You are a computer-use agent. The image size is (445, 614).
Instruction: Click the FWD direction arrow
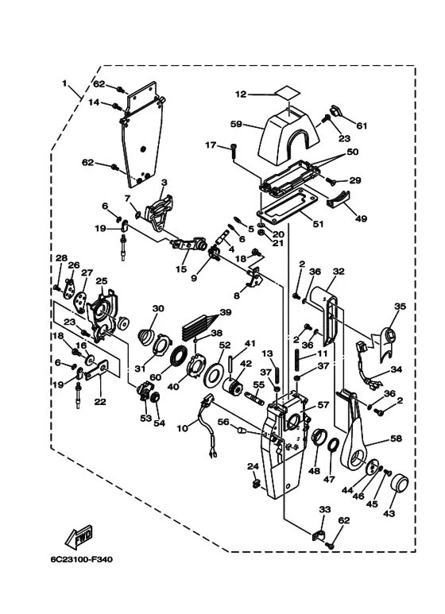click(79, 535)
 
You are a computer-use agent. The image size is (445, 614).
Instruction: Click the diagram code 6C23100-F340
click(81, 559)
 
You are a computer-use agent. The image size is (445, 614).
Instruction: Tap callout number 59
click(236, 125)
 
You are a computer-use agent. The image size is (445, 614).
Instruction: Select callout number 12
click(241, 95)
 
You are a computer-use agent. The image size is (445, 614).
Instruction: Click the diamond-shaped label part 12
click(287, 95)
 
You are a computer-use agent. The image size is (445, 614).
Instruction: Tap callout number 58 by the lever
click(396, 438)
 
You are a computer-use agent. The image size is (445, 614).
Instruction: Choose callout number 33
click(325, 509)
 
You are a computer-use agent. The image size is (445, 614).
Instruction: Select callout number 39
click(226, 312)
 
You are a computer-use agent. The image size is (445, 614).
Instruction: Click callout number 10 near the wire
click(182, 428)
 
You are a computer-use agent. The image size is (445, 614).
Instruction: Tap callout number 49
click(362, 218)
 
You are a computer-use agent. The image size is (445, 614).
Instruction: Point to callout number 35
click(400, 307)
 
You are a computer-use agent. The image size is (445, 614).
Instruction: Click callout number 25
click(102, 280)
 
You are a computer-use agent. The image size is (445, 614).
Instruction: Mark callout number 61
click(362, 126)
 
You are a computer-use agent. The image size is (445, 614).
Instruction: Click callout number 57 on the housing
click(323, 405)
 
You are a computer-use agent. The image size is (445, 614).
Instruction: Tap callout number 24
click(253, 466)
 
